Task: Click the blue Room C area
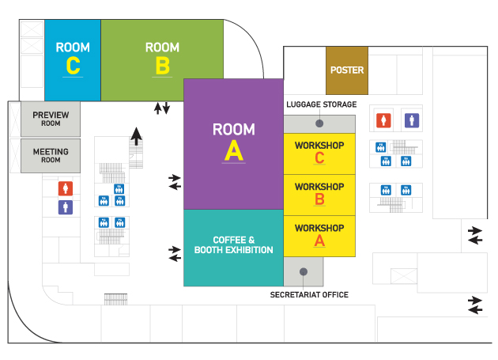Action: point(73,60)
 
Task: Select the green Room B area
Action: point(162,60)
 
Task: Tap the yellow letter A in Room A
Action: point(233,150)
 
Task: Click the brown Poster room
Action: point(347,70)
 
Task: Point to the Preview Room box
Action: point(51,119)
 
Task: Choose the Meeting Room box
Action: point(51,155)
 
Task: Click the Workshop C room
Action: point(319,153)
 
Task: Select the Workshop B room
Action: point(319,194)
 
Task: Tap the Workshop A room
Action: point(319,235)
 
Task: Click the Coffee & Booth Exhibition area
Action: point(233,246)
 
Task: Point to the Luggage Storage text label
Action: point(321,104)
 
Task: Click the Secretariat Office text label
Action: point(309,295)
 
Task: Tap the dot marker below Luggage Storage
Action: point(319,123)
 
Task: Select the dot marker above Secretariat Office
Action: point(303,271)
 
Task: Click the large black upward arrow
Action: point(137,136)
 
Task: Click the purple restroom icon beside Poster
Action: point(411,119)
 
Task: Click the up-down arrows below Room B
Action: point(161,108)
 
